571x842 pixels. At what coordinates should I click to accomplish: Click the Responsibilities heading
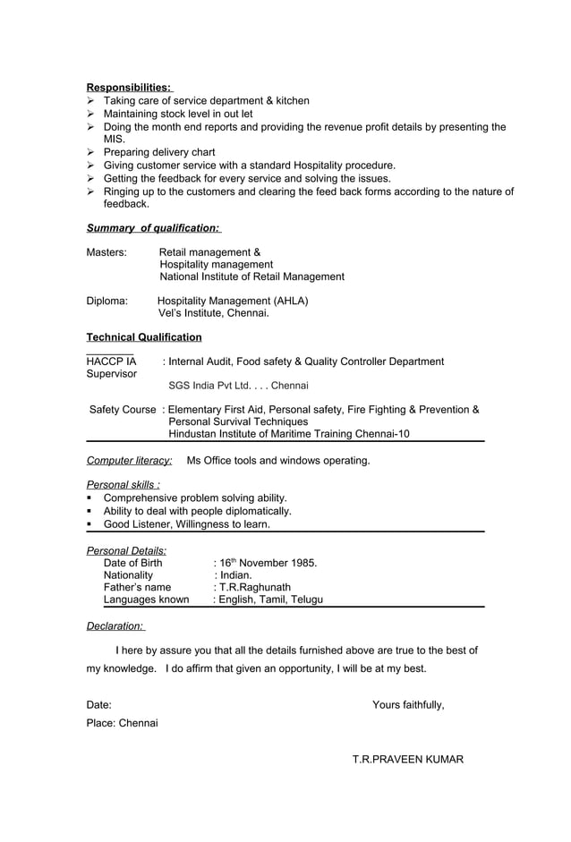[128, 87]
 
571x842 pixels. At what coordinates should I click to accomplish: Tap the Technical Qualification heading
[143, 337]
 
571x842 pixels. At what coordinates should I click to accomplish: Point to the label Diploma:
[107, 302]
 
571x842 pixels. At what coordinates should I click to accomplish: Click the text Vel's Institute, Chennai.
[213, 314]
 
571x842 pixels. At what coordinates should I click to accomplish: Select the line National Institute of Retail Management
[251, 277]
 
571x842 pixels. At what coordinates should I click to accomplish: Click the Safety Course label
[123, 410]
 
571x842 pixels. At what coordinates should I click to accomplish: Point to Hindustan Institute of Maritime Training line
[288, 434]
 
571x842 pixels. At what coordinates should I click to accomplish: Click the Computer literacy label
[129, 461]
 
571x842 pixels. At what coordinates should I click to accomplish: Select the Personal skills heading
[123, 485]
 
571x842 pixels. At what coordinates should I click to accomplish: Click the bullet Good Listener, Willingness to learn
[198, 524]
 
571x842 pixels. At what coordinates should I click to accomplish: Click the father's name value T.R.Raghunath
[252, 588]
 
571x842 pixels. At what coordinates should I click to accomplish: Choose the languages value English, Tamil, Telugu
[268, 600]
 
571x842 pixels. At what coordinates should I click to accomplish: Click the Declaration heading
[115, 626]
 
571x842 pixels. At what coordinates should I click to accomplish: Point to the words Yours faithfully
[408, 705]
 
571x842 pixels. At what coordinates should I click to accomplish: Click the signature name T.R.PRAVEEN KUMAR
[407, 760]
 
